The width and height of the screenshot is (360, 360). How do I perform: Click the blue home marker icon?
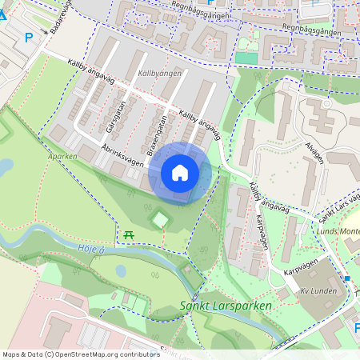pos(180,173)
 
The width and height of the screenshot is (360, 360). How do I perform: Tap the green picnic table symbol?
pos(128,234)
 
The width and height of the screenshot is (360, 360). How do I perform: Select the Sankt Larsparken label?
pos(226,306)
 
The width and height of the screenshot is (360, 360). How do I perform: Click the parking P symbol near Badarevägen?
pos(29,37)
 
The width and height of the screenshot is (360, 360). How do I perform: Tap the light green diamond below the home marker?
pos(161,218)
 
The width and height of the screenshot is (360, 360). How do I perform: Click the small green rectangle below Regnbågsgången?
pos(247,58)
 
